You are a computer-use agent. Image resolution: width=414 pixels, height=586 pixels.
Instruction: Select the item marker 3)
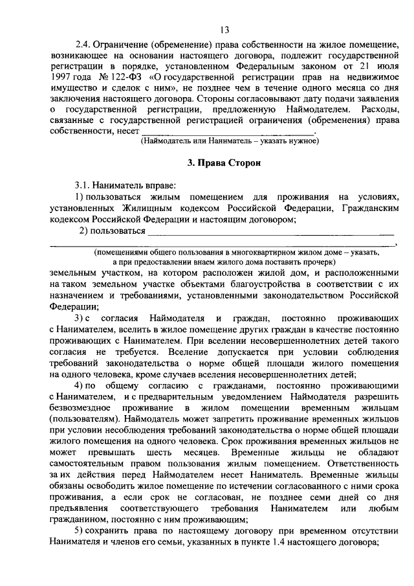click(78, 318)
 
